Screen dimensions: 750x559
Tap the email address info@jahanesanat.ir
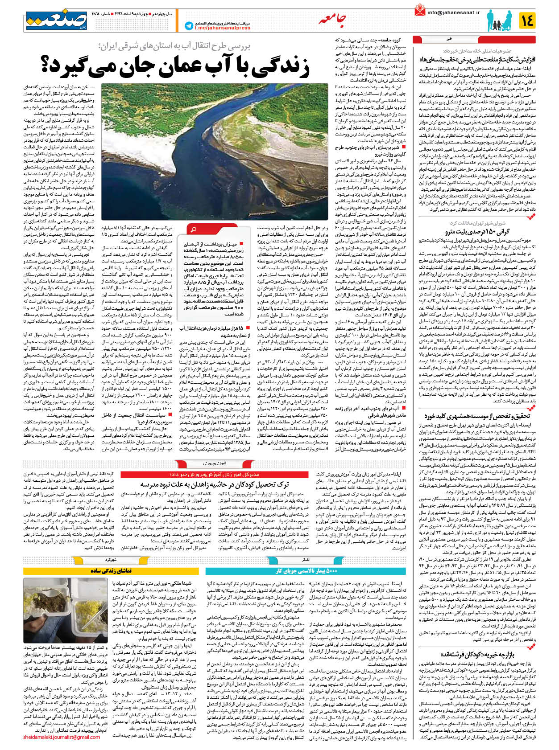pos(453,13)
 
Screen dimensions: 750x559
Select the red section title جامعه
pos(332,20)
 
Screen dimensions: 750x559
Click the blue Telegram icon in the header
pos(189,26)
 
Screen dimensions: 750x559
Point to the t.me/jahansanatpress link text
pos(222,28)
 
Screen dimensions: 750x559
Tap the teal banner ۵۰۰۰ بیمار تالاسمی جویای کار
pos(306,571)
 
